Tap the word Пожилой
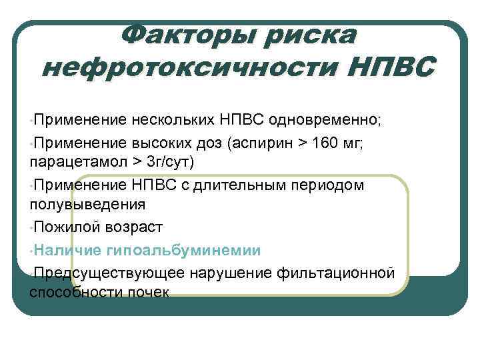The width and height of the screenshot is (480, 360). (67, 227)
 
